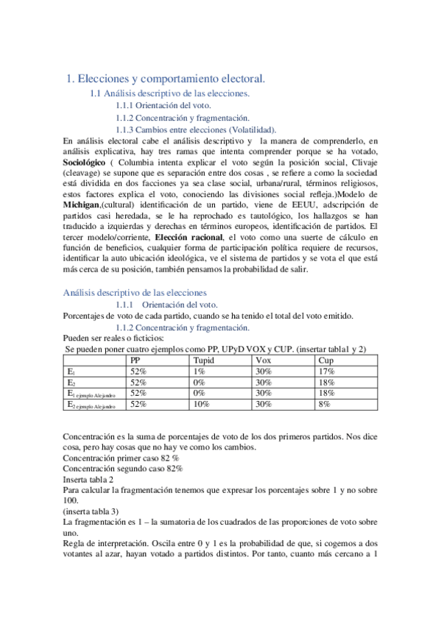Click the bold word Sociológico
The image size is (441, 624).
(85, 163)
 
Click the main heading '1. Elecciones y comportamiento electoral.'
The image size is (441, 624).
(166, 78)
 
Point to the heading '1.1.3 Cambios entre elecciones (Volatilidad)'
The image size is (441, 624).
(197, 130)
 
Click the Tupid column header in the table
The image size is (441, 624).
(205, 360)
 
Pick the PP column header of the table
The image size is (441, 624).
(136, 360)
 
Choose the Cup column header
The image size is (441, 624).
(326, 360)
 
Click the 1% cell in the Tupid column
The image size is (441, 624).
(199, 372)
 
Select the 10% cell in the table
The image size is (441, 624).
(201, 404)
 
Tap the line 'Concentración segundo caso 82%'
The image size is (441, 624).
(123, 468)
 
